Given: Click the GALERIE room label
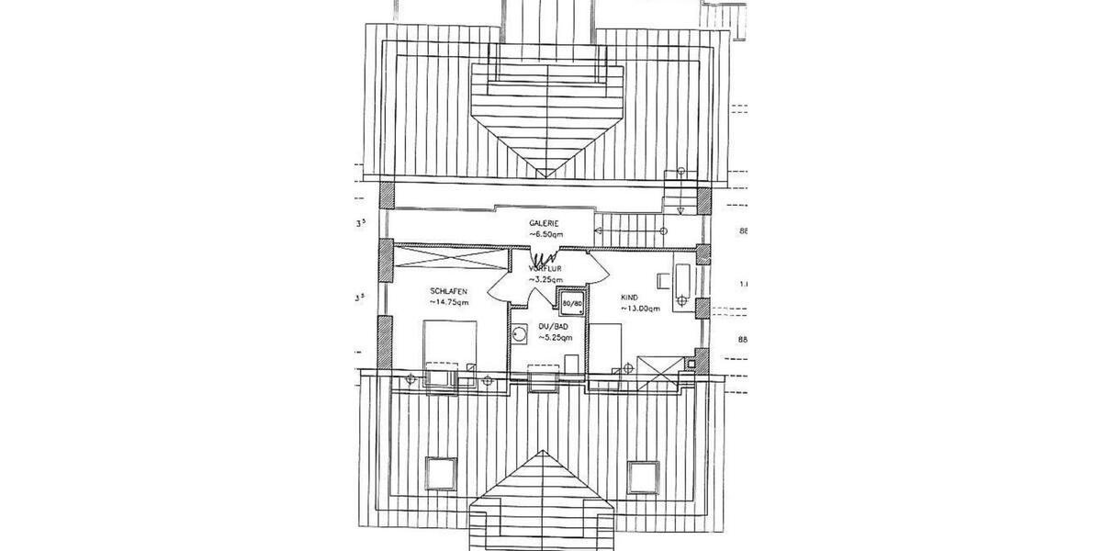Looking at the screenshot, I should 545,224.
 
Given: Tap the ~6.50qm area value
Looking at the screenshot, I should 545,235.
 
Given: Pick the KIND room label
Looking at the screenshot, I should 629,298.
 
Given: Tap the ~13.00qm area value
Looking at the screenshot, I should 639,309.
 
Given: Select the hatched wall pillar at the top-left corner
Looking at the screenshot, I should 386,196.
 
